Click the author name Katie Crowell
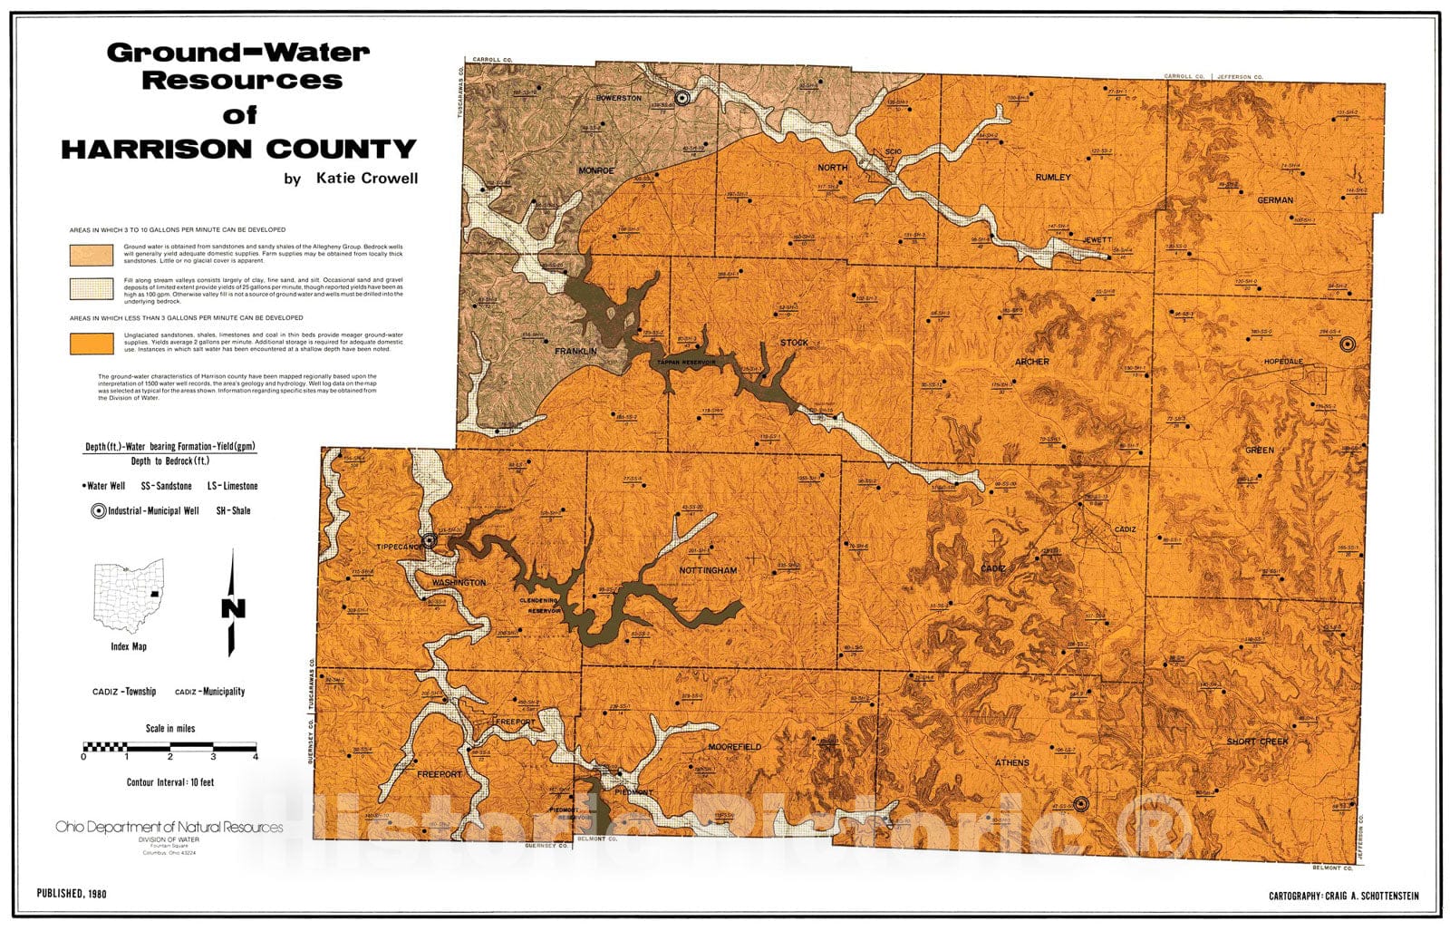[x=366, y=179]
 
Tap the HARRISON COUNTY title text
[x=239, y=149]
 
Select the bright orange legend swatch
[x=92, y=344]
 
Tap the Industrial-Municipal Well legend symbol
[x=98, y=511]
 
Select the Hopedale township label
[x=1283, y=362]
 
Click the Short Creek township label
[x=1257, y=742]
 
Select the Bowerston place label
[x=619, y=98]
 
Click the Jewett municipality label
[x=1097, y=240]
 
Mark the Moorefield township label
[x=734, y=747]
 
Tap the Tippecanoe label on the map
[x=400, y=547]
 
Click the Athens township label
[x=1012, y=762]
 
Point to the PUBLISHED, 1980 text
[x=72, y=894]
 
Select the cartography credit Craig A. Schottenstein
[x=1344, y=896]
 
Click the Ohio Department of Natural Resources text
[x=169, y=827]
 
